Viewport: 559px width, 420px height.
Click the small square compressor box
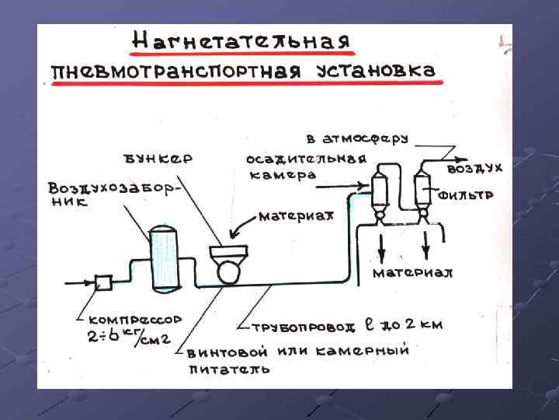(102, 282)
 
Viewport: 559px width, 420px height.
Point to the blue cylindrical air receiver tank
(165, 256)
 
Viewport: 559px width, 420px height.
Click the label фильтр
(465, 196)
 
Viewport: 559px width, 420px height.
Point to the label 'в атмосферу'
(356, 140)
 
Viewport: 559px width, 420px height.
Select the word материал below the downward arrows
(412, 273)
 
